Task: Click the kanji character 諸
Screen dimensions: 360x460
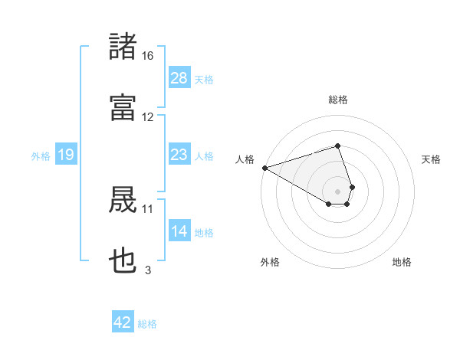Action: tap(123, 47)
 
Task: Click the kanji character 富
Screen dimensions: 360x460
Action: tap(123, 107)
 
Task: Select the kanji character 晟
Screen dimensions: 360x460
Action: tap(123, 201)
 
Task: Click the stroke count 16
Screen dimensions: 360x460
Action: tap(148, 56)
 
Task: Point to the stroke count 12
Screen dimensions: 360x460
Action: tap(148, 117)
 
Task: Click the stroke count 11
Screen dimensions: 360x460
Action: tap(148, 208)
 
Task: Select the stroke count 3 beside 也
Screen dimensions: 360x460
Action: tap(148, 270)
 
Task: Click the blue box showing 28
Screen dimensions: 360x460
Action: tap(179, 78)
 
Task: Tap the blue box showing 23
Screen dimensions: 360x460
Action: tap(179, 155)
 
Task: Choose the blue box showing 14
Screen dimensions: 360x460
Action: tap(179, 231)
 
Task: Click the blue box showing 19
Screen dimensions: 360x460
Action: tap(65, 155)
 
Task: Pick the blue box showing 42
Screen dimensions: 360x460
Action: tap(123, 322)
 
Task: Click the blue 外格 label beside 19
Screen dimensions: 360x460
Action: tap(41, 156)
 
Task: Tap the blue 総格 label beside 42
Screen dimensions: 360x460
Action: tap(147, 324)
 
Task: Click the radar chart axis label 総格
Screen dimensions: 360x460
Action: tap(338, 100)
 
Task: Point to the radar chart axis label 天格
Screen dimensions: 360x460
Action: tap(431, 159)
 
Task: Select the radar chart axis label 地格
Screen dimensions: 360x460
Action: tap(402, 262)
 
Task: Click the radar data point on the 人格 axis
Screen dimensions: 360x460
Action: tap(264, 168)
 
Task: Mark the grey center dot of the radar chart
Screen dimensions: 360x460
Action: tap(338, 191)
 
